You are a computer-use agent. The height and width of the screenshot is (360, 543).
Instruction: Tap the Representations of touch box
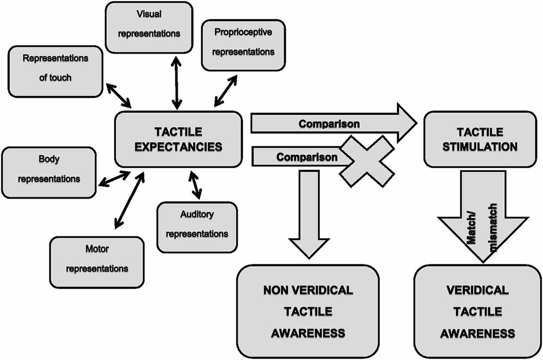(x=55, y=71)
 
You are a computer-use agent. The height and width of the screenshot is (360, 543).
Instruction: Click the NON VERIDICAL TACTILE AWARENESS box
(x=308, y=312)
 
